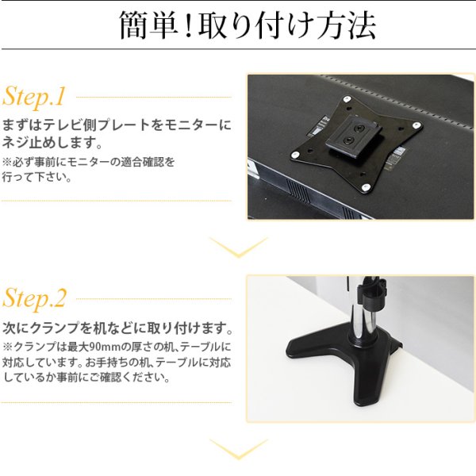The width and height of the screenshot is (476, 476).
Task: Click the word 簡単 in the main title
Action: [147, 27]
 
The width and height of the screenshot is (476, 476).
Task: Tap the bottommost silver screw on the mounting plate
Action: [363, 187]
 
